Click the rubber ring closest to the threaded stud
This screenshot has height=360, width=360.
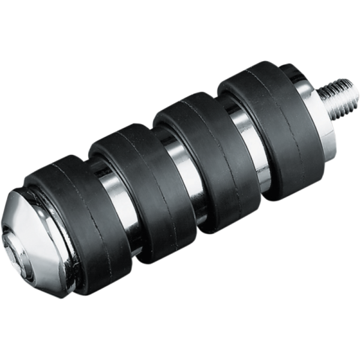click(276, 129)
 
